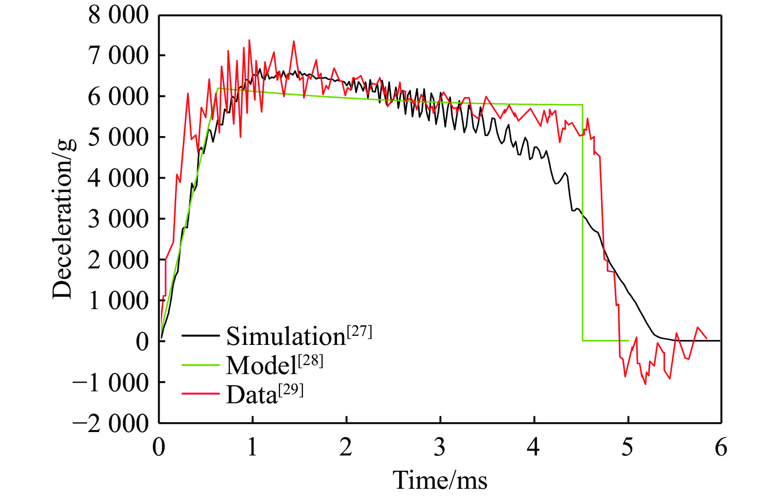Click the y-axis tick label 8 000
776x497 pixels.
[x=118, y=16]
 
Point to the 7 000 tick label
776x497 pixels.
[x=118, y=56]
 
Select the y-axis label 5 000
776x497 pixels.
[x=118, y=137]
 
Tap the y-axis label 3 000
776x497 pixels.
[x=118, y=219]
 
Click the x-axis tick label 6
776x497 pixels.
[x=721, y=447]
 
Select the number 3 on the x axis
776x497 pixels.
[x=440, y=447]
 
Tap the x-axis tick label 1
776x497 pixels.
[x=253, y=447]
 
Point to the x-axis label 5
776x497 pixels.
[x=627, y=447]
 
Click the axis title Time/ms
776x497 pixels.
[x=440, y=480]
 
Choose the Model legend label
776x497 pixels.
[x=262, y=365]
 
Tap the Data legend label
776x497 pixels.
[x=252, y=395]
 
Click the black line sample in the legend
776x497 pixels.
[x=201, y=335]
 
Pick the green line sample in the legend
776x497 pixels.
[x=201, y=365]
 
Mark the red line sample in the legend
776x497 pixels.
[x=201, y=394]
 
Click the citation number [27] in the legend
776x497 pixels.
[x=360, y=331]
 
